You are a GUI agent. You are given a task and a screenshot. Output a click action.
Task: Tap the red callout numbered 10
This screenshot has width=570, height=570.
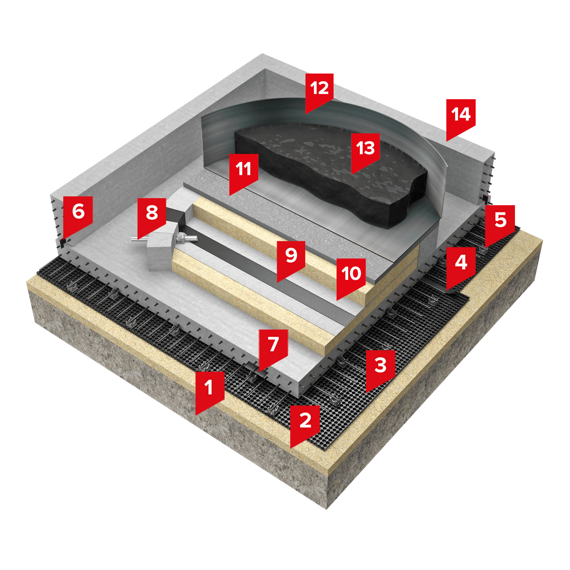pos(351,276)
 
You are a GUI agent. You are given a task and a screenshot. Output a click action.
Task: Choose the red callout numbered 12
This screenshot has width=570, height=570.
pos(319,91)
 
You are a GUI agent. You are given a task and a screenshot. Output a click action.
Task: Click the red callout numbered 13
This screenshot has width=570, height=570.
pos(365,151)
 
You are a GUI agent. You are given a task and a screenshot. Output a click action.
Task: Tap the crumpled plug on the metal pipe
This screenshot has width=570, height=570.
pos(181,237)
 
